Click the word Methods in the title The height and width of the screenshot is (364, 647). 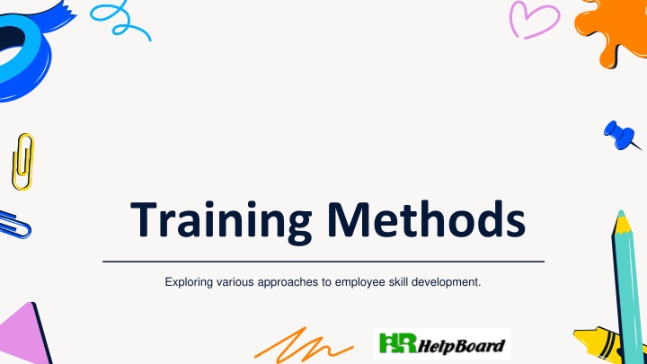[x=427, y=218]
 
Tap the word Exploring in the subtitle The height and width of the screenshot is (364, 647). [x=189, y=283]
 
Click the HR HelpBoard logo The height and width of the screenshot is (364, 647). [x=442, y=343]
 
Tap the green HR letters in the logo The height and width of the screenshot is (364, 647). [x=398, y=343]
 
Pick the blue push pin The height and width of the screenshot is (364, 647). [x=621, y=136]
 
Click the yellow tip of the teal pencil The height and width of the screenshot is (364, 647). [x=622, y=223]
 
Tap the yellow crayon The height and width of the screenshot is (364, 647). [x=598, y=343]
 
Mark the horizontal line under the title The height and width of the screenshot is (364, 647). [x=323, y=262]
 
